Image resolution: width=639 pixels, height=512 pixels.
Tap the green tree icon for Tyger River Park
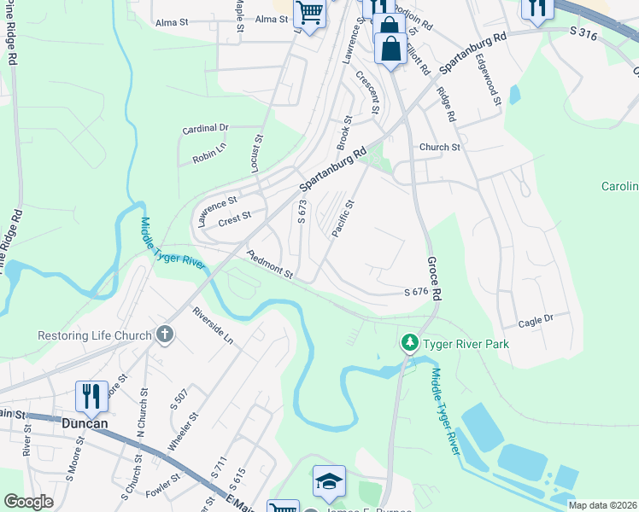(410, 343)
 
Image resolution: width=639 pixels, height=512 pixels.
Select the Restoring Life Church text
(94, 335)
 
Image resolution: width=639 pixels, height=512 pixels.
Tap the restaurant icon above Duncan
(91, 396)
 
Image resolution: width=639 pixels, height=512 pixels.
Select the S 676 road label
(415, 293)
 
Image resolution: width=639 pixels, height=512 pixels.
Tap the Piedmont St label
(269, 265)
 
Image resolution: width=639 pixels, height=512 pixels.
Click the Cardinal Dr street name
(206, 129)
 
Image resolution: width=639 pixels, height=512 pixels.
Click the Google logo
(28, 502)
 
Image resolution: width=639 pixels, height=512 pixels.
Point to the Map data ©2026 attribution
(602, 505)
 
